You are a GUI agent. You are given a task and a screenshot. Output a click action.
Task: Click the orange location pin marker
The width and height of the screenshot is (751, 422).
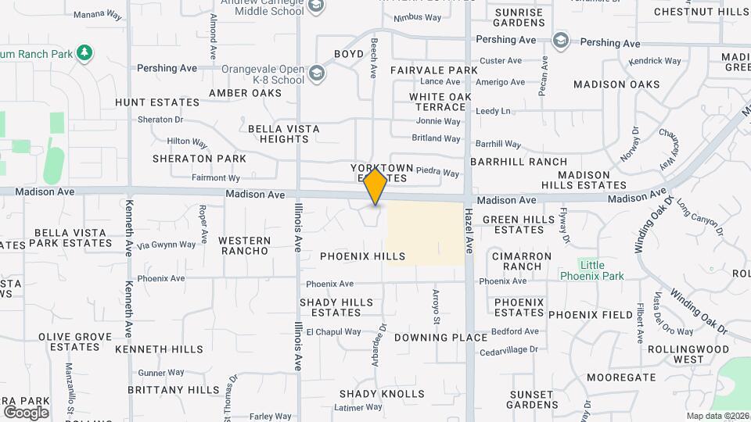pyautogui.click(x=375, y=186)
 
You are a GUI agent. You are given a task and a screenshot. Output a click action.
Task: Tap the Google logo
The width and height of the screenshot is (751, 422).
pyautogui.click(x=26, y=413)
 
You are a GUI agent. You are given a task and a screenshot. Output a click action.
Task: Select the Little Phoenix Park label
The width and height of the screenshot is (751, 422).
pyautogui.click(x=592, y=270)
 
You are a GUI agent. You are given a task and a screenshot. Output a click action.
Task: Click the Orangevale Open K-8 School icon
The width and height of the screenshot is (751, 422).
pyautogui.click(x=317, y=74)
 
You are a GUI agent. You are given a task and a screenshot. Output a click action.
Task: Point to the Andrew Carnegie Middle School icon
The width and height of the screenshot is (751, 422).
pyautogui.click(x=316, y=8)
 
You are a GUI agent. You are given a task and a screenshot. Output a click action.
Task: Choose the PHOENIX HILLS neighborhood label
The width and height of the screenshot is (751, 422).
pyautogui.click(x=363, y=256)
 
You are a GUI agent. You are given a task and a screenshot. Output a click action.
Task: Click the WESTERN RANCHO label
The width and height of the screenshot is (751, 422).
pyautogui.click(x=244, y=245)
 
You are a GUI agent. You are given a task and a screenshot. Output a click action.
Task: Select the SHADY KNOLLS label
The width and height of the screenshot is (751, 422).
pyautogui.click(x=382, y=394)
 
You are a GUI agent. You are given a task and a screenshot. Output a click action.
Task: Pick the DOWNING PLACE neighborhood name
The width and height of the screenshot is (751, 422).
pyautogui.click(x=430, y=338)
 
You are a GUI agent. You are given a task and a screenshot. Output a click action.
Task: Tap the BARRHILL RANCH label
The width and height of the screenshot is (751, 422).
pyautogui.click(x=519, y=162)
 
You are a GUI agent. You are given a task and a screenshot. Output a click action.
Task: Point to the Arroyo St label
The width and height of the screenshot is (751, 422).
pyautogui.click(x=437, y=306)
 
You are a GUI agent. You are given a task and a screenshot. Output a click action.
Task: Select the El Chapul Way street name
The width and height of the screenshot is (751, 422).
pyautogui.click(x=333, y=332)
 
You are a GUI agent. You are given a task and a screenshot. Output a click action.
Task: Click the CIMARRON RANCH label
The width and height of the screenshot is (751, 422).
pyautogui.click(x=522, y=261)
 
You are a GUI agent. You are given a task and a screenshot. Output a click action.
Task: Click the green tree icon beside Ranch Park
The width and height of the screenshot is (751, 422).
pyautogui.click(x=84, y=53)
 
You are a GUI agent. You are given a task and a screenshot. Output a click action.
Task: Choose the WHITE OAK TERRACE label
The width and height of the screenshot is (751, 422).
pyautogui.click(x=440, y=102)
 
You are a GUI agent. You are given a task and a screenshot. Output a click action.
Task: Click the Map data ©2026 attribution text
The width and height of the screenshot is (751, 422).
pyautogui.click(x=717, y=416)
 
